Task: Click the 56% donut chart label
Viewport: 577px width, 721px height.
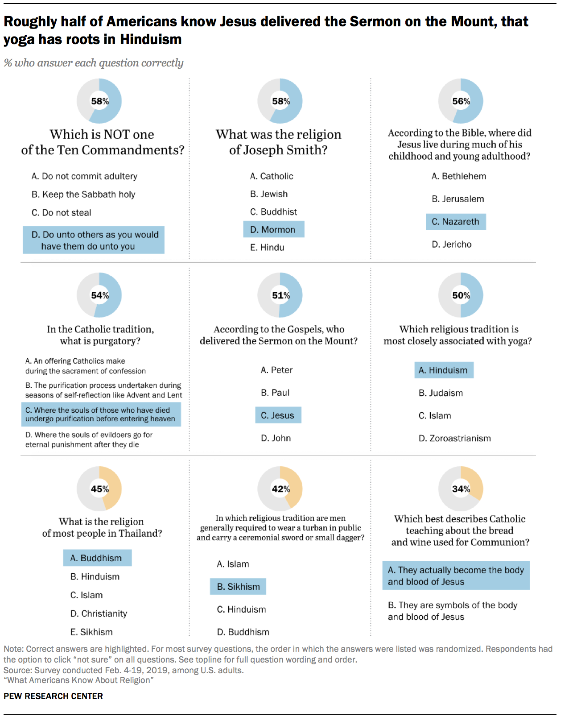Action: point(461,101)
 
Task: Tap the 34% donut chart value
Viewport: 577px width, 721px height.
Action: point(461,489)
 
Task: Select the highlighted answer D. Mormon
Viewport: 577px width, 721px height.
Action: point(273,230)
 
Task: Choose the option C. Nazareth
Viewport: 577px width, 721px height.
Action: point(455,222)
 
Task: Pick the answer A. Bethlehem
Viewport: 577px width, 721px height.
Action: point(458,176)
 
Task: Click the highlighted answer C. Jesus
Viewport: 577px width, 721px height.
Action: point(277,415)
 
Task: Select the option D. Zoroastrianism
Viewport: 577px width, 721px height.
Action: point(454,439)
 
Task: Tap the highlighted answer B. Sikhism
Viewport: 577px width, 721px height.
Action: point(238,587)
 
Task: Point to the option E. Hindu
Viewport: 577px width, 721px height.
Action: point(267,248)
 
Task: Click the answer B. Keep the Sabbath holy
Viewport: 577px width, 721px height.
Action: point(83,195)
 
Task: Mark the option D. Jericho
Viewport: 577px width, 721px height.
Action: point(451,244)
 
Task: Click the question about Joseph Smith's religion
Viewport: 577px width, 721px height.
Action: point(278,142)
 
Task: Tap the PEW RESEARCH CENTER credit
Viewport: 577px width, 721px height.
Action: point(53,696)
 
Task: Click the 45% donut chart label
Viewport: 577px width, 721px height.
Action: point(99,489)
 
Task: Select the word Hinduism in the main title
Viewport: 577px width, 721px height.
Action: point(151,40)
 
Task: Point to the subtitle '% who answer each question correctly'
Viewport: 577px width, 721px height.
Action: point(94,63)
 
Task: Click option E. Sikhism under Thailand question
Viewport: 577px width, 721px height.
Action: point(91,632)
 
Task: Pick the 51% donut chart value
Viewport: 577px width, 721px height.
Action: point(280,295)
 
